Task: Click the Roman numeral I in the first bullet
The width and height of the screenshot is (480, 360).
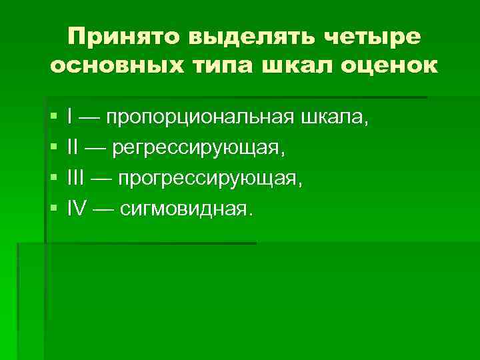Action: [x=70, y=117]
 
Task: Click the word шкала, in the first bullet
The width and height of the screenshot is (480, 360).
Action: [x=335, y=118]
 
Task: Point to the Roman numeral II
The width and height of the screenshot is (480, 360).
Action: [x=73, y=148]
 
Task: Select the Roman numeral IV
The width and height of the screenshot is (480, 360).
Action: [x=77, y=209]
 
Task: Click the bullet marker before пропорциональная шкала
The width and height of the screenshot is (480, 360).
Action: [x=53, y=118]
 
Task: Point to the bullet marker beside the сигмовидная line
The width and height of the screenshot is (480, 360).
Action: [x=53, y=210]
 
